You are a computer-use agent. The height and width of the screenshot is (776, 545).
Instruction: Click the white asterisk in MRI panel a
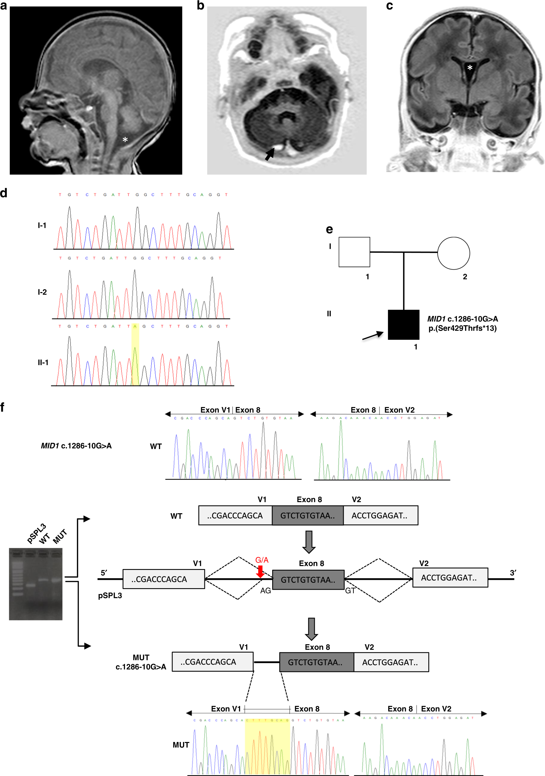coord(125,140)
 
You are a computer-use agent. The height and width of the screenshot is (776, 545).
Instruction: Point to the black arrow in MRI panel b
coord(269,154)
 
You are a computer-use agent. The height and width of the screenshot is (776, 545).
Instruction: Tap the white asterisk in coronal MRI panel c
coord(470,68)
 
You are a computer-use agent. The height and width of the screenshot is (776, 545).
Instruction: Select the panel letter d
coord(4,193)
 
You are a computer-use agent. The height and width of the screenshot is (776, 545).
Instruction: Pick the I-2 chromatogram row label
coord(42,292)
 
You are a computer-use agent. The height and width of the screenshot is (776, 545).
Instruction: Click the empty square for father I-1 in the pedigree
coord(354,252)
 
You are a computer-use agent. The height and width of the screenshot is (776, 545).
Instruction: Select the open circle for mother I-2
coord(453,253)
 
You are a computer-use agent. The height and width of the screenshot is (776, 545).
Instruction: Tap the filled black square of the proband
coord(403,324)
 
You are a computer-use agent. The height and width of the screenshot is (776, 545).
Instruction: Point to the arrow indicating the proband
coord(373,336)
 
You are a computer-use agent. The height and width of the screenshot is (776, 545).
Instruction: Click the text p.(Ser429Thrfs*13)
coord(462,328)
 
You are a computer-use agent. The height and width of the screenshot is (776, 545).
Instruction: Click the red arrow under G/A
coord(260,571)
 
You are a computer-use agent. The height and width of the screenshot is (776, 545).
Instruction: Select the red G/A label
coord(262,560)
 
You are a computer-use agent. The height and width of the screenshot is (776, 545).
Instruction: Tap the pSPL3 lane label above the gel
coord(36,533)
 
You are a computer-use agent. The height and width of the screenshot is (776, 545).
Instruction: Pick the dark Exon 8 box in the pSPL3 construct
coord(308,580)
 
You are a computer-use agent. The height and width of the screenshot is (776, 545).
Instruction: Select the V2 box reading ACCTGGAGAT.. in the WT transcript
coord(380,515)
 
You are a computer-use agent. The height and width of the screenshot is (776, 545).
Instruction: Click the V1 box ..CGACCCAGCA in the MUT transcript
coord(212,662)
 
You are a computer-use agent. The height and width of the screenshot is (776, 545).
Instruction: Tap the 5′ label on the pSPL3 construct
coord(104,573)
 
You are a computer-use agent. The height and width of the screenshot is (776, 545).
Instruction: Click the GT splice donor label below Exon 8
coord(350,590)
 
